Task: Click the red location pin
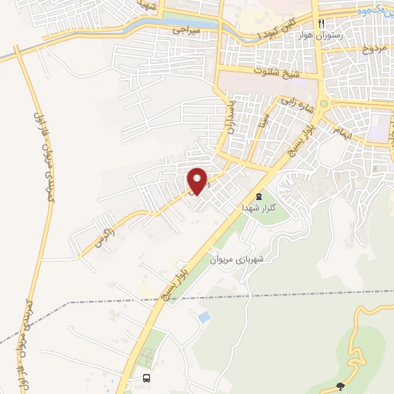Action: click(198, 181)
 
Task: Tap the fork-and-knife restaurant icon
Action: click(322, 23)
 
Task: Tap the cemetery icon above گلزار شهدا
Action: click(259, 196)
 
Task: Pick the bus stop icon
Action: click(146, 378)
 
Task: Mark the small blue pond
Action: click(204, 316)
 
